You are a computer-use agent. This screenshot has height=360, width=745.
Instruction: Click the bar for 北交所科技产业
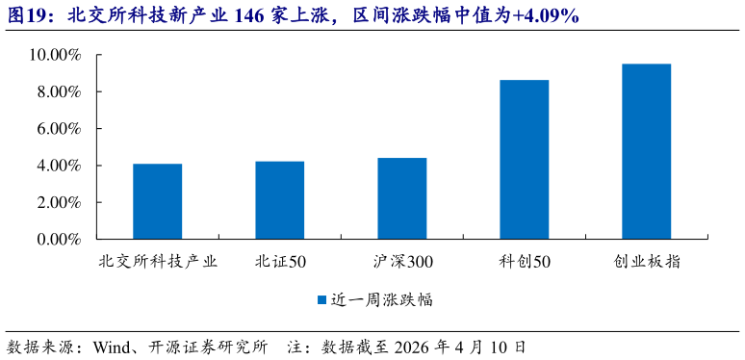coord(158,201)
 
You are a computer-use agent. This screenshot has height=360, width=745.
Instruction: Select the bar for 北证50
coord(280,200)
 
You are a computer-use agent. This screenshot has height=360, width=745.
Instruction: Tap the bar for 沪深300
coord(402,198)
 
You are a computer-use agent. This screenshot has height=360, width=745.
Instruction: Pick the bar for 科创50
coord(525,160)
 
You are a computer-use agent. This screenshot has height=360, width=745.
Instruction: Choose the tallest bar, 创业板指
coord(647,151)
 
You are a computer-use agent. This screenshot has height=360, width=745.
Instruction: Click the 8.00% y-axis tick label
coord(59,92)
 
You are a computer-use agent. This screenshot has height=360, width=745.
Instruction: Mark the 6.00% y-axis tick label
coord(59,129)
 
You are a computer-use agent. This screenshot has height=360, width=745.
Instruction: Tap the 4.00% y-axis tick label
coord(59,166)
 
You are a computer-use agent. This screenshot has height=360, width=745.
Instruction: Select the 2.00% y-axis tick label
coord(59,202)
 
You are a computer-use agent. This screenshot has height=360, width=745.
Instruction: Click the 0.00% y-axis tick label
coord(59,239)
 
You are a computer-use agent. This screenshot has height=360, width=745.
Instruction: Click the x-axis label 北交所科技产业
coord(158,262)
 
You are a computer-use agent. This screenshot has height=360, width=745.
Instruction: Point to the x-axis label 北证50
coord(280,262)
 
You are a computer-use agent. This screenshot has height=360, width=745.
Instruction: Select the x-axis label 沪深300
coord(402,262)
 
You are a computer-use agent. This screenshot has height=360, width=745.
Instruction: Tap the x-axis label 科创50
coord(525,262)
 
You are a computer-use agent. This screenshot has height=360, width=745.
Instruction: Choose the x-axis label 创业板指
coord(647,262)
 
